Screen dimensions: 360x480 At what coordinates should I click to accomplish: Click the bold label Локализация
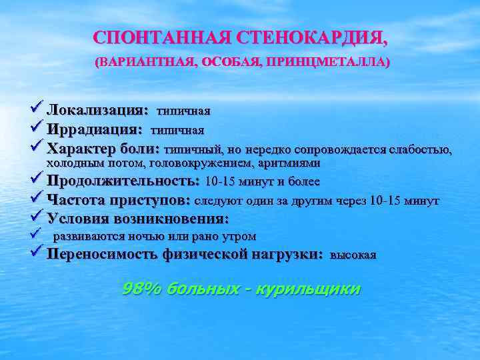[97, 109]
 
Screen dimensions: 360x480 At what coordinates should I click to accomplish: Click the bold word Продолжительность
[123, 181]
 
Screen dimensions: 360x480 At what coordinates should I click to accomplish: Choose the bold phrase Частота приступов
[119, 200]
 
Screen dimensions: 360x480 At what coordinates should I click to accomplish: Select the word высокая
[353, 255]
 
